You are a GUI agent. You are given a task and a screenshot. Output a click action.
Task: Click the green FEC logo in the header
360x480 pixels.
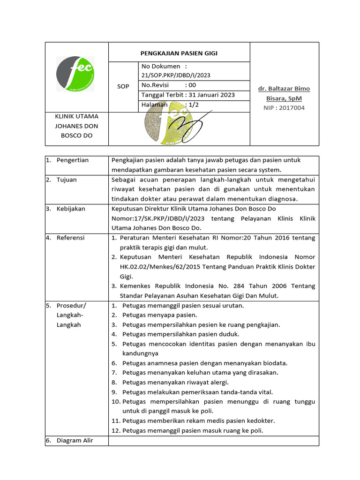[x=75, y=75]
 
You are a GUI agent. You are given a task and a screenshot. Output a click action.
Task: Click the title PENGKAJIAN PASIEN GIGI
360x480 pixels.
[x=180, y=53]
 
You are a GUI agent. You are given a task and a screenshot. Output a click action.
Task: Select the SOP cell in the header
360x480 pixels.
[x=123, y=87]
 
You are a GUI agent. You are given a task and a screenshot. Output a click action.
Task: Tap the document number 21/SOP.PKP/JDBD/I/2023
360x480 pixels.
[x=176, y=75]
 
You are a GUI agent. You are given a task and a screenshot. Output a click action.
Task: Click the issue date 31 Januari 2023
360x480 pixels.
[x=211, y=95]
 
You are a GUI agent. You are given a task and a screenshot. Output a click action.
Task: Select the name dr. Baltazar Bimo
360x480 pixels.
[x=284, y=89]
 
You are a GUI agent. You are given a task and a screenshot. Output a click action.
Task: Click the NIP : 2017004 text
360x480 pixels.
[x=285, y=108]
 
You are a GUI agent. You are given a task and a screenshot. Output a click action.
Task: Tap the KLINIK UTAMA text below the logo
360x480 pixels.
[x=77, y=116]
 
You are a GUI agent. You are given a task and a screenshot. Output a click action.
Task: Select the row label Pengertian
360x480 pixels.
[x=72, y=160]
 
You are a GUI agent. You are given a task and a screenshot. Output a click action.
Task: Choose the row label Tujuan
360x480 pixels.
[x=67, y=180]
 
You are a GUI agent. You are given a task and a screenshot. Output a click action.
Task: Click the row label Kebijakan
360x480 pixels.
[x=71, y=209]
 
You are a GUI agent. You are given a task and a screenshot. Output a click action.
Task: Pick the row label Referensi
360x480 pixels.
[x=70, y=238]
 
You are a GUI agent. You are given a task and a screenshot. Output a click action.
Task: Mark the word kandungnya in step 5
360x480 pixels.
[x=140, y=353]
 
